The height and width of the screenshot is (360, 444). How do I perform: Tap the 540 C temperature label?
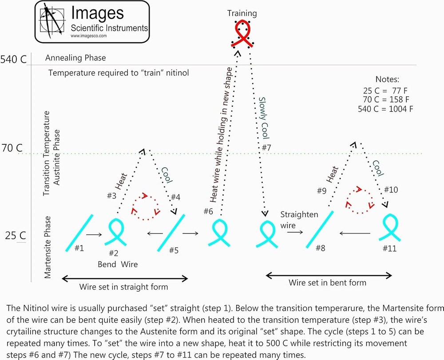[14, 59]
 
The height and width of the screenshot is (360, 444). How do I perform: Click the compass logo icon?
[52, 21]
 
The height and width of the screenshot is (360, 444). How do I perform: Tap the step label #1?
[79, 248]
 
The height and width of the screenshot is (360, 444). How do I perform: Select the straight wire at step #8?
[319, 229]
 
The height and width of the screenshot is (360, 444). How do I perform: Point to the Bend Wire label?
[118, 264]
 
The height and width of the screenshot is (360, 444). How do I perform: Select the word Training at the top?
[242, 13]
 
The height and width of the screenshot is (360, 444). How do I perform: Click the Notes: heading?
[388, 80]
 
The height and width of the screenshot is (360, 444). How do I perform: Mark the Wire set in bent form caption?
[328, 282]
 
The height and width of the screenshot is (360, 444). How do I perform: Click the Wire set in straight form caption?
[123, 287]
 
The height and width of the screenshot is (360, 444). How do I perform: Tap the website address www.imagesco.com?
[88, 36]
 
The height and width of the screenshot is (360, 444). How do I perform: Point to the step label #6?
[209, 211]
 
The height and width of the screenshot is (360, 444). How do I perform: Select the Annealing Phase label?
[75, 58]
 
